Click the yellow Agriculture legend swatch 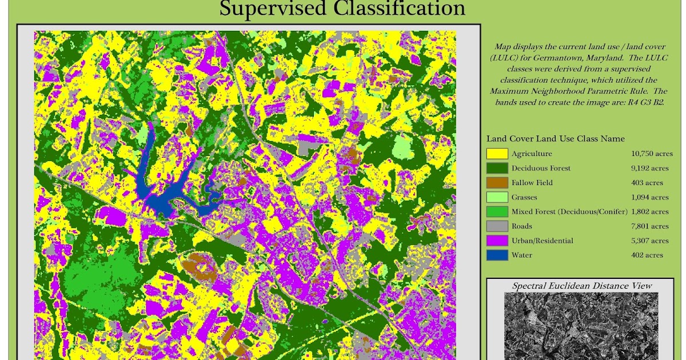tap(497, 154)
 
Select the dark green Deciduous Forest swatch tap(497, 168)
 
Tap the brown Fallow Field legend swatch tap(497, 183)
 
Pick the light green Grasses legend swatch tap(497, 197)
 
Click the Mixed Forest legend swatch tap(497, 212)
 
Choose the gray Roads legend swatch tap(497, 226)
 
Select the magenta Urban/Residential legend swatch tap(497, 241)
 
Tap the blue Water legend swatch tap(497, 255)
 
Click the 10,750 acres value tap(650, 154)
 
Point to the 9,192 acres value tap(650, 169)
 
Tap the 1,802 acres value tap(650, 212)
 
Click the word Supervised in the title tap(271, 9)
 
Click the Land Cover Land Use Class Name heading tap(555, 139)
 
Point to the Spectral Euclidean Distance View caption tap(582, 286)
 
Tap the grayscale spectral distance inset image tap(581, 326)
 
